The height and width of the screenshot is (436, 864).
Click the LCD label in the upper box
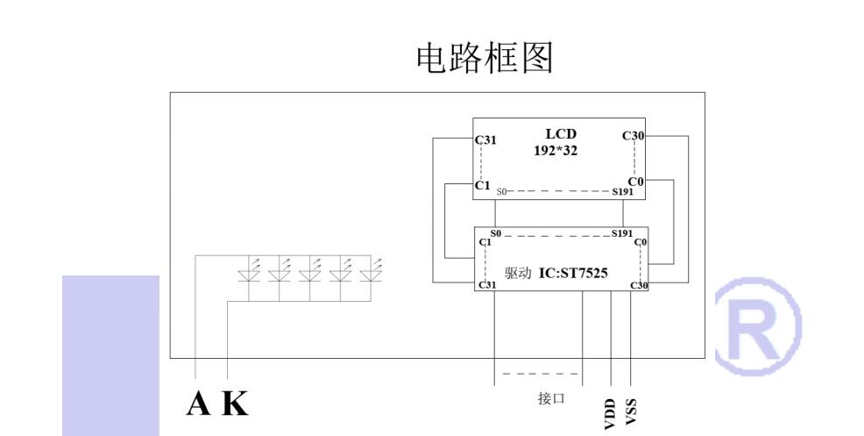click(x=561, y=133)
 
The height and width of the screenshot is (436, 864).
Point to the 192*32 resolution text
click(x=561, y=150)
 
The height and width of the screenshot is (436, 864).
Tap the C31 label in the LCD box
click(x=486, y=139)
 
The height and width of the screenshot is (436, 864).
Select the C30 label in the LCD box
click(x=634, y=135)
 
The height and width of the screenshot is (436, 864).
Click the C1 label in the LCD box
click(x=482, y=185)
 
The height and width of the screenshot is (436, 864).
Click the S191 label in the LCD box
click(x=624, y=190)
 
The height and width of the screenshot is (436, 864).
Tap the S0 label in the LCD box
click(x=502, y=190)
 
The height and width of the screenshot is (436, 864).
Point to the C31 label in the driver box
click(x=486, y=286)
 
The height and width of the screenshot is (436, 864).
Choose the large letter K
click(x=233, y=403)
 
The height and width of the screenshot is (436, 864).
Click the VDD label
click(x=610, y=414)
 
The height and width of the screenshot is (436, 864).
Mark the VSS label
click(x=631, y=411)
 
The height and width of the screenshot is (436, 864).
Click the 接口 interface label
click(x=550, y=397)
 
